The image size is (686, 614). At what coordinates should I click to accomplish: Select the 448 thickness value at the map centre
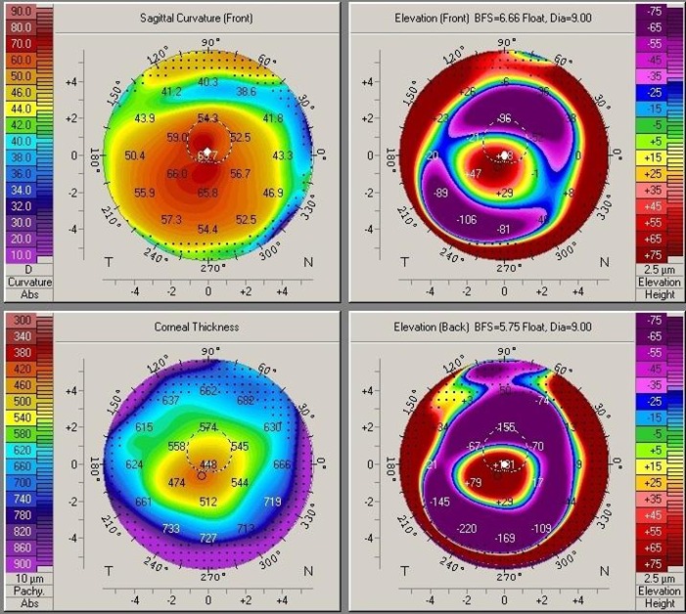coord(208,465)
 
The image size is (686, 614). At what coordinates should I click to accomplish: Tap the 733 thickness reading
coord(171,528)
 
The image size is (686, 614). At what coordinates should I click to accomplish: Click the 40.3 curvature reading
coord(208,82)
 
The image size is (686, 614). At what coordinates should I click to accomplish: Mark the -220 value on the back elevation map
coord(467,528)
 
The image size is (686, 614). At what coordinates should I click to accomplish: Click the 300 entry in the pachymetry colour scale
coord(21,321)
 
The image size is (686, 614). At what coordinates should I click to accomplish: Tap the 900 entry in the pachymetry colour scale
coord(21,564)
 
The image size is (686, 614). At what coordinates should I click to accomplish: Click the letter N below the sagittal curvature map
coord(308,263)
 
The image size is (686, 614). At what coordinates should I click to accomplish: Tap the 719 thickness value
coord(272,502)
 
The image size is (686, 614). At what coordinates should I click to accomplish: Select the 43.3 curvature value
coord(282,155)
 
